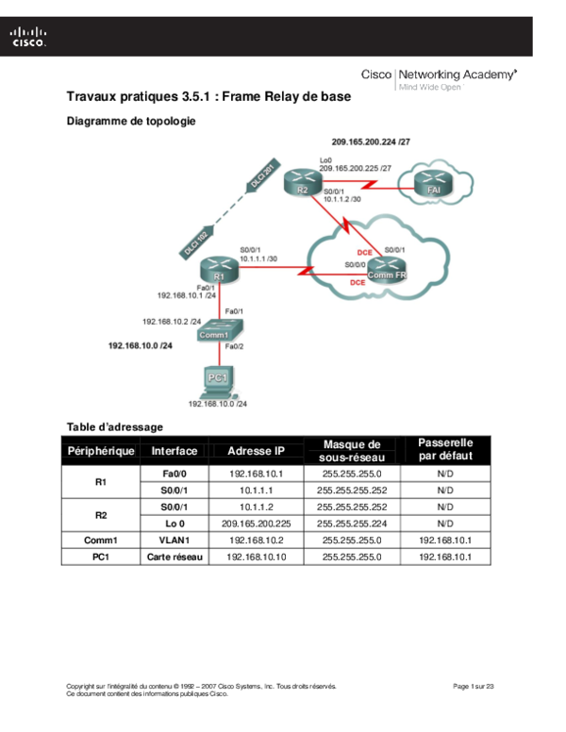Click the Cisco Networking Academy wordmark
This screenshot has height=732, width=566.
tap(439, 76)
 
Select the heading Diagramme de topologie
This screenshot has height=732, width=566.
tap(131, 122)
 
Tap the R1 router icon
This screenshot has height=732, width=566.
tap(219, 271)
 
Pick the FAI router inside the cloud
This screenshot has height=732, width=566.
tap(433, 187)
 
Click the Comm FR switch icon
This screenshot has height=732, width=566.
tap(385, 271)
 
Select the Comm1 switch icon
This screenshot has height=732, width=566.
tap(220, 330)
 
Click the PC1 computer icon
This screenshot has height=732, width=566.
tap(219, 379)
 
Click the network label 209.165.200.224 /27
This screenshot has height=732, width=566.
tap(371, 141)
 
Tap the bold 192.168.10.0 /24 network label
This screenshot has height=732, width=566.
tap(141, 346)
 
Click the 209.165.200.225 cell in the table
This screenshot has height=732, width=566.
tap(256, 524)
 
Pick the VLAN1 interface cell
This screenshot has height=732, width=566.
tap(171, 541)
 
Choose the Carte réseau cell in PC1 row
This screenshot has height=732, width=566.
tap(171, 557)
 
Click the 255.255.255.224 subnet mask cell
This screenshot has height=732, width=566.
tap(351, 524)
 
